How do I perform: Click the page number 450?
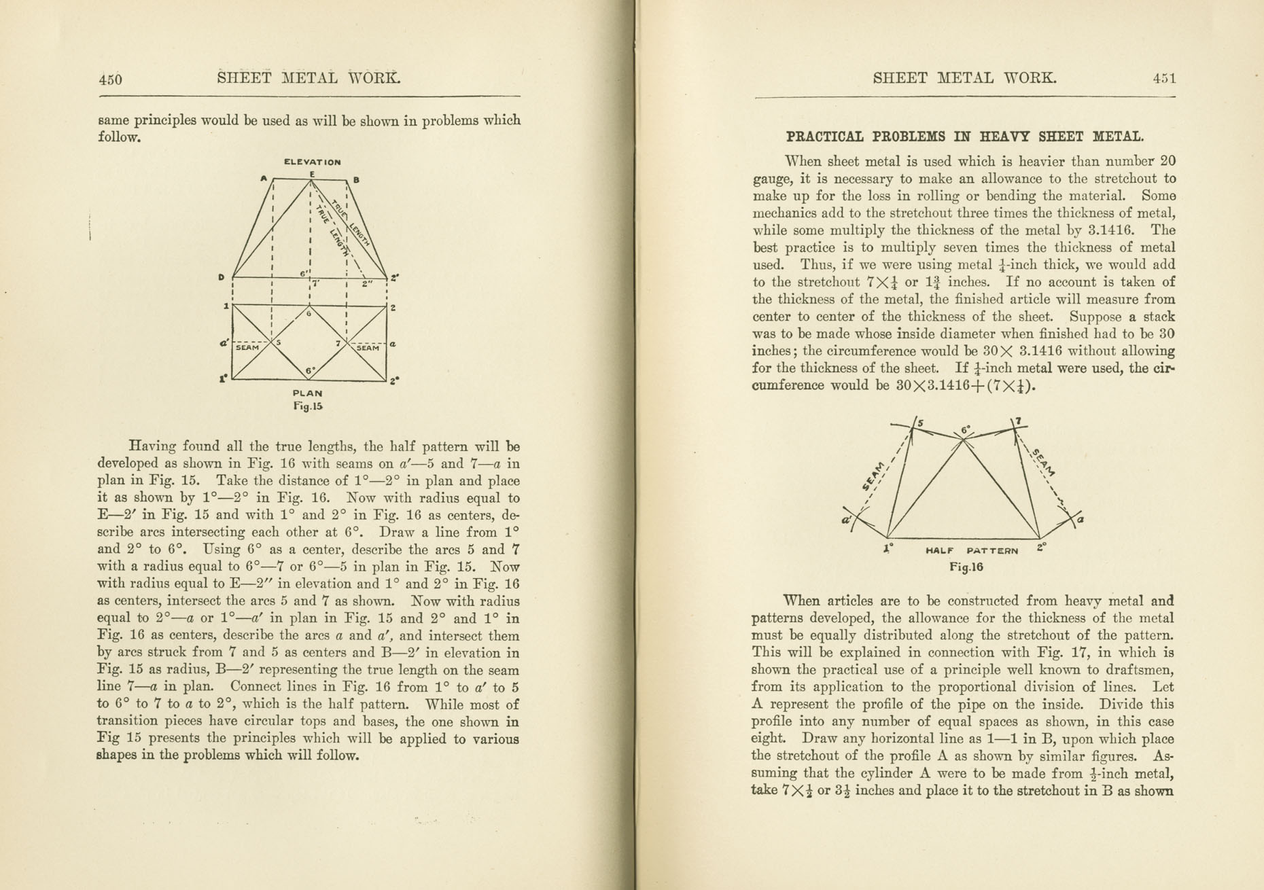110,79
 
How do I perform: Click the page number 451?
1164,78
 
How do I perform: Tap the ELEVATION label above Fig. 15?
312,162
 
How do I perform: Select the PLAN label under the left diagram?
307,393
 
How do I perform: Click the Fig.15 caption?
308,406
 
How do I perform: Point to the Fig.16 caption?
966,567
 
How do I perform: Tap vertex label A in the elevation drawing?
264,178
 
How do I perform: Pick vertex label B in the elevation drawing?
356,180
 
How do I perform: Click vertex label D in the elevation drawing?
222,277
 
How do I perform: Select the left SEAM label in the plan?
247,348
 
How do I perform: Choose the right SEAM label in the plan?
368,348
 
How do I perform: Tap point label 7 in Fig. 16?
1018,421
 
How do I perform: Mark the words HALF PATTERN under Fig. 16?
972,550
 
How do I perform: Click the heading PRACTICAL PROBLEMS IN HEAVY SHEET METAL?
965,137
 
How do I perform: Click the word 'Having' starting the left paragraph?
152,446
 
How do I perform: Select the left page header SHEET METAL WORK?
309,77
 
